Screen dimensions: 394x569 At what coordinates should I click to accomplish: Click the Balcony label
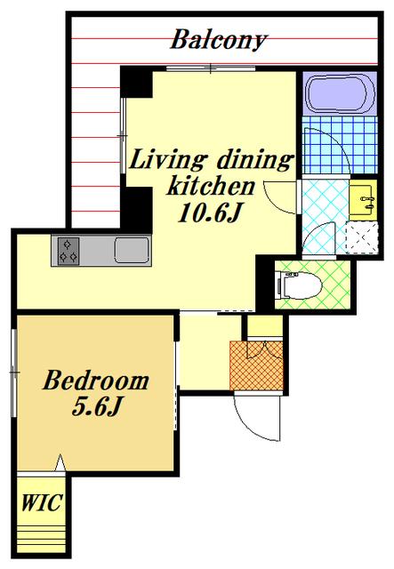tap(219, 39)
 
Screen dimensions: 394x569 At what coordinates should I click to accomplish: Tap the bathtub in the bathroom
tap(341, 93)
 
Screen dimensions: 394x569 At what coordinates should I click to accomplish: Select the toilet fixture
tap(299, 285)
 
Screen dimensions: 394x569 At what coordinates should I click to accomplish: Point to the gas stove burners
tap(68, 251)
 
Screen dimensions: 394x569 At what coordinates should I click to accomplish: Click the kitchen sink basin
tap(133, 250)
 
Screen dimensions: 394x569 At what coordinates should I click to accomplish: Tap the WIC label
tap(41, 502)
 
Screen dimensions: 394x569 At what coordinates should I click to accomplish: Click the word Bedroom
tap(96, 381)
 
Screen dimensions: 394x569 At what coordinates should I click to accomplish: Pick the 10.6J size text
tap(210, 212)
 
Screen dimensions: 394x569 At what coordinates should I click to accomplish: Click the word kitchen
tap(211, 186)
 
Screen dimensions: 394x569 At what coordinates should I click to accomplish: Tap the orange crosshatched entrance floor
tap(256, 365)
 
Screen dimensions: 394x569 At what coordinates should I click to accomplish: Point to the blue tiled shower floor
tap(340, 145)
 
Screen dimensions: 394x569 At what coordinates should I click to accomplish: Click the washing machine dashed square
tap(362, 236)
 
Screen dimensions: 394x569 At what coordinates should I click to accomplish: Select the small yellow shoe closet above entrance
tap(265, 326)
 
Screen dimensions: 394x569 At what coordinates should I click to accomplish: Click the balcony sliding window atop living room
tap(211, 68)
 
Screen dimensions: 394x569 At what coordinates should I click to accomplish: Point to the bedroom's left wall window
tap(14, 373)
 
